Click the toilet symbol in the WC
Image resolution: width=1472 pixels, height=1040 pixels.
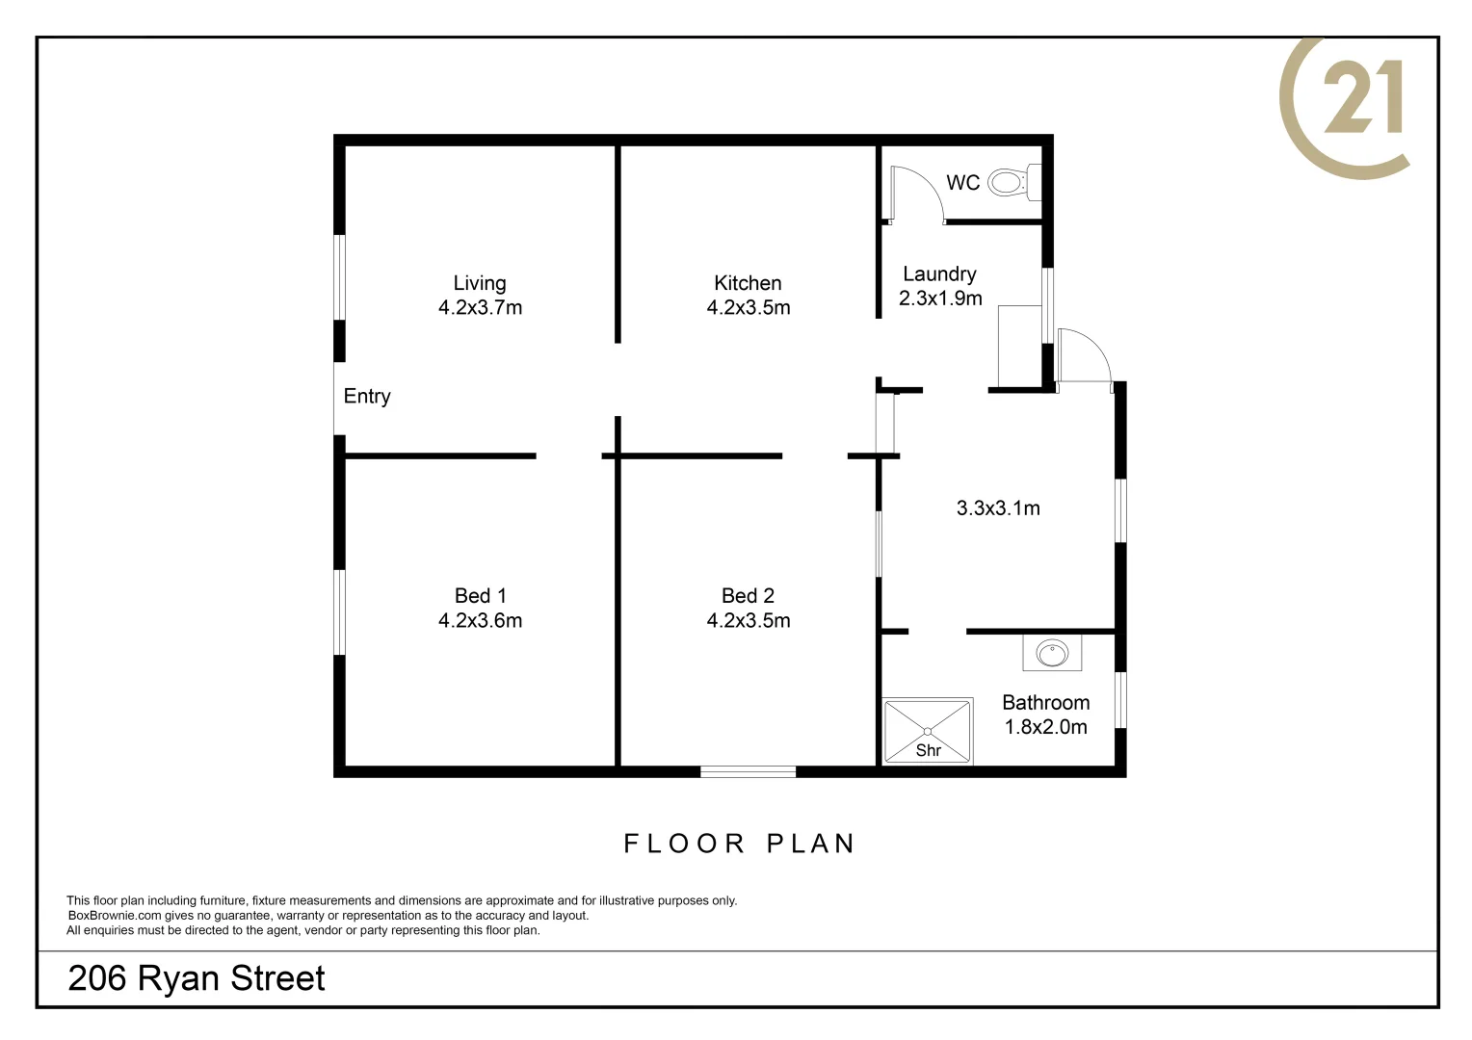click(1014, 182)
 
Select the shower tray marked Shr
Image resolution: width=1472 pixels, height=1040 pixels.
click(928, 731)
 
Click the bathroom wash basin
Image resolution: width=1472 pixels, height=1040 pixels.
click(1052, 653)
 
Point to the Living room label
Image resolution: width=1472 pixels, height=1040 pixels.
click(480, 283)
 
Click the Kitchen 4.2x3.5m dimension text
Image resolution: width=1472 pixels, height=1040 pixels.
click(749, 307)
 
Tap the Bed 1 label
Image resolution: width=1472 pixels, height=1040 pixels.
click(481, 596)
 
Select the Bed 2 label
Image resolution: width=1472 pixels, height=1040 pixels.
click(748, 596)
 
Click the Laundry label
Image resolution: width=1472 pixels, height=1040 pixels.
click(939, 273)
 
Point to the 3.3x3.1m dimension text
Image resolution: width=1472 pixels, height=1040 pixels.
click(998, 507)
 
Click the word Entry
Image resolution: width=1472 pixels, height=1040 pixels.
click(367, 396)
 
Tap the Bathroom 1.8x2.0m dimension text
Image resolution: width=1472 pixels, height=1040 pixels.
click(1046, 727)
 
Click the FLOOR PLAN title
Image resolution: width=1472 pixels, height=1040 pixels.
click(739, 844)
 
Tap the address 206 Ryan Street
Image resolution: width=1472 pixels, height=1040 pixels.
click(197, 978)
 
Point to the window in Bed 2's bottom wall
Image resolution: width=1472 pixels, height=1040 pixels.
click(748, 772)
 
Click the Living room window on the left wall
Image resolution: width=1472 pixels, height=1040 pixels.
click(340, 277)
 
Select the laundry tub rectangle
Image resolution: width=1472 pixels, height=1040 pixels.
click(1020, 347)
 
